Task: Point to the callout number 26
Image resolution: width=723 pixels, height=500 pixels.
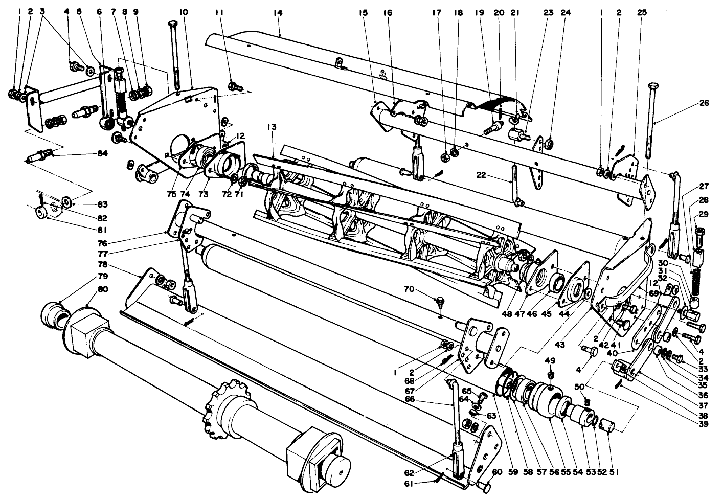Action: pos(705,103)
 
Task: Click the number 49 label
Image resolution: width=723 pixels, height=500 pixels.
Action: pos(550,360)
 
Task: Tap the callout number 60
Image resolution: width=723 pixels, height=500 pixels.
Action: pos(498,472)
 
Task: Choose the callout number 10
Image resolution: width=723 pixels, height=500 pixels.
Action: pos(183,12)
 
